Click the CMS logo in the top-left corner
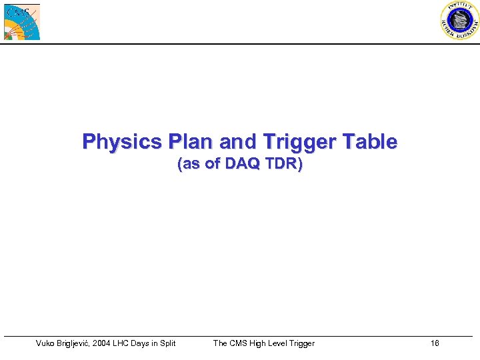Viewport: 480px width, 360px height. click(22, 21)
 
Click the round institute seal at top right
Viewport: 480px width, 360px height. click(459, 21)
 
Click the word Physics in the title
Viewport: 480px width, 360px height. click(122, 142)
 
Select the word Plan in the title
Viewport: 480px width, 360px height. click(191, 142)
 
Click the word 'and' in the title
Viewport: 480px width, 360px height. click(234, 142)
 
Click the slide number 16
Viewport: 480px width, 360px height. click(435, 343)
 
